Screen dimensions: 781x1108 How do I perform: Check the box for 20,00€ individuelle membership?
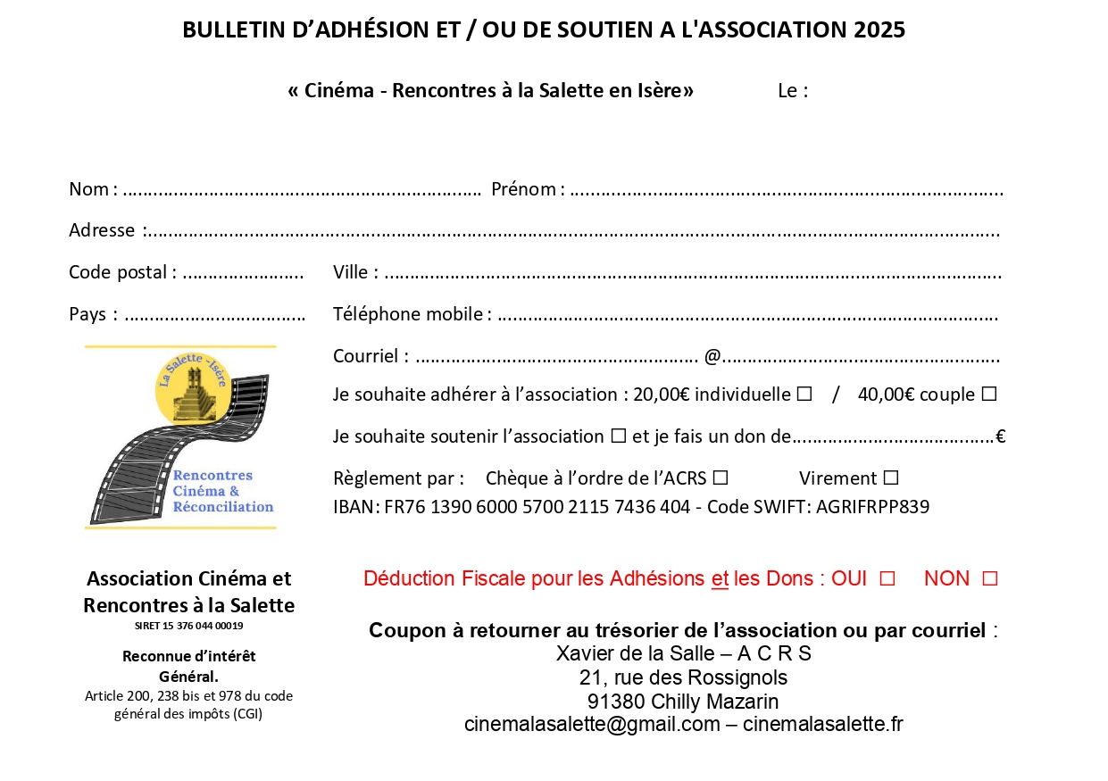pos(804,395)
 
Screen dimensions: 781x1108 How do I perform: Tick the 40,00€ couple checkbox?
pos(988,395)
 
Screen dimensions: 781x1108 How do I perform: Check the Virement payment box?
pos(890,478)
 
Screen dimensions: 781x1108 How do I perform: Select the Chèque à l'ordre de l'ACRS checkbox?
pos(721,478)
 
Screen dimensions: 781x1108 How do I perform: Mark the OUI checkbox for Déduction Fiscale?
pos(887,578)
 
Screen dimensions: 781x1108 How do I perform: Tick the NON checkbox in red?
pos(989,578)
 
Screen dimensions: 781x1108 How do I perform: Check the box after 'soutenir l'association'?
pos(618,436)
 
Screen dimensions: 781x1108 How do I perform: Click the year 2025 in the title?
pos(879,29)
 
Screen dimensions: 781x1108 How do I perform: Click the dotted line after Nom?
pos(302,190)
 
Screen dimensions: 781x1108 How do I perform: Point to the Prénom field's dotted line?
pos(786,190)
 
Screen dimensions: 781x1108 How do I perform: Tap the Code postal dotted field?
pos(243,273)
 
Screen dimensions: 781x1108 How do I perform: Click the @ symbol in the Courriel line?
pos(712,356)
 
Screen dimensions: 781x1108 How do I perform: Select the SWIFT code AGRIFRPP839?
pos(872,507)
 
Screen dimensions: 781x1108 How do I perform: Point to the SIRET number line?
pos(188,626)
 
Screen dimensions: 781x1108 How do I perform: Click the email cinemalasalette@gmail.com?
pos(592,724)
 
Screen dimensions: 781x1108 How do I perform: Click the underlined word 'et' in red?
pos(720,578)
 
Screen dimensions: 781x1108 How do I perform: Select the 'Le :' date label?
pos(793,91)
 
